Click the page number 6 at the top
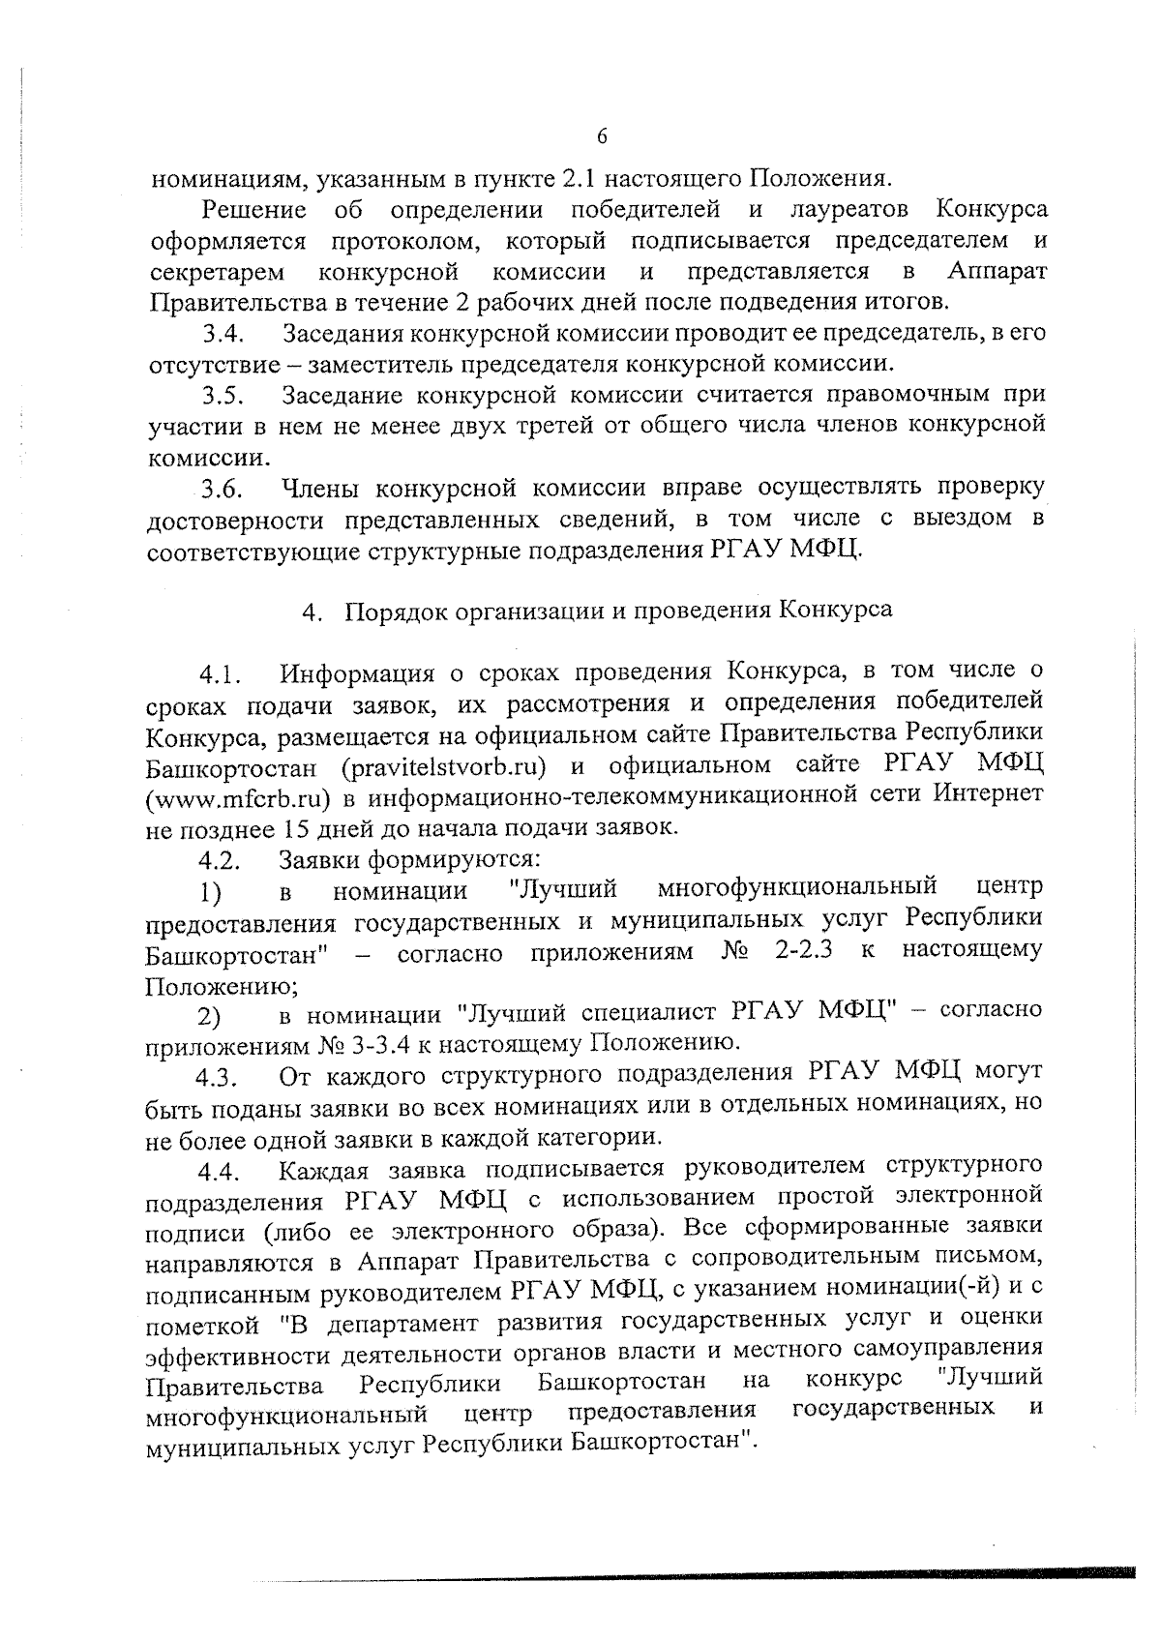click(x=601, y=137)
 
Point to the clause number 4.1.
click(x=221, y=674)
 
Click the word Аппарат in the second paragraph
click(x=997, y=271)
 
